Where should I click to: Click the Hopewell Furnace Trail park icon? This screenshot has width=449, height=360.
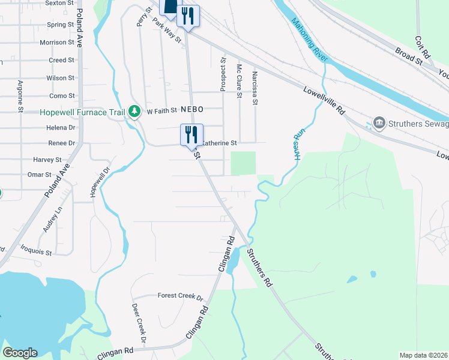tap(136, 112)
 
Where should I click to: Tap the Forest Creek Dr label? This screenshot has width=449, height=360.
tap(181, 296)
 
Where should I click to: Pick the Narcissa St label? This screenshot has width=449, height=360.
tap(255, 88)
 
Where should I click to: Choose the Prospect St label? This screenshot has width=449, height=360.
tap(223, 74)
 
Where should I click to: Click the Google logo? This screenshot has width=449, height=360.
tap(20, 353)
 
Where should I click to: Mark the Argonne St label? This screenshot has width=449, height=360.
tap(20, 96)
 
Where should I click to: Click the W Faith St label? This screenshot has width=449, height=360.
tap(162, 110)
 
